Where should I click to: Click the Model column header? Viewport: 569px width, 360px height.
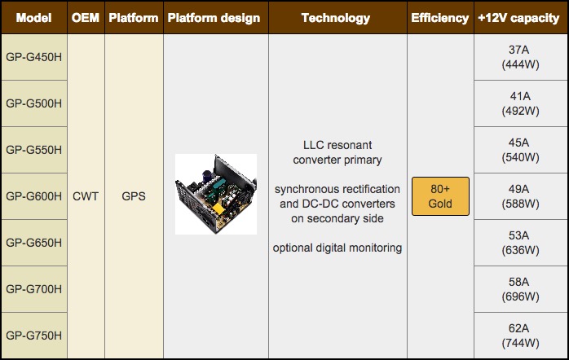coord(34,17)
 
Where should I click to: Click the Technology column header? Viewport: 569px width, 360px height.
coord(337,17)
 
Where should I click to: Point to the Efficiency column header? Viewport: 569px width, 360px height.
coord(439,17)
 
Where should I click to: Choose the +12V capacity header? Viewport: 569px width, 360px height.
coord(520,17)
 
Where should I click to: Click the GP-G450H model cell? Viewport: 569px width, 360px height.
coord(34,57)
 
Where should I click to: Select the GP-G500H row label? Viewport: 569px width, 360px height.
coord(34,103)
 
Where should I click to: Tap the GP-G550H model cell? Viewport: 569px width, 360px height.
coord(34,150)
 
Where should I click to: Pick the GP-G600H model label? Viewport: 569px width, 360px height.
coord(34,196)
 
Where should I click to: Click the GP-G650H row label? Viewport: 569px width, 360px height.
coord(34,242)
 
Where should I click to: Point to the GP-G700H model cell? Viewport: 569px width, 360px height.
coord(34,288)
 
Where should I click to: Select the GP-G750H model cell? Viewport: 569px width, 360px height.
coord(34,335)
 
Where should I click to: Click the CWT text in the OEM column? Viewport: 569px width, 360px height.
coord(85,196)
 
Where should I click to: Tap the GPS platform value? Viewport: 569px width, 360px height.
coord(133,196)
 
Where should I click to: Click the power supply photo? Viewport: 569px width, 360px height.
coord(215,195)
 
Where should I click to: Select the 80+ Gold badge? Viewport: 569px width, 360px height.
coord(440,196)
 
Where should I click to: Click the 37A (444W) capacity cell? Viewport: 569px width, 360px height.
coord(520,57)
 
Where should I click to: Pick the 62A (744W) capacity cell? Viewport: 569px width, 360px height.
coord(520,335)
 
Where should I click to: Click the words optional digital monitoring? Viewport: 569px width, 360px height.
coord(337,248)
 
